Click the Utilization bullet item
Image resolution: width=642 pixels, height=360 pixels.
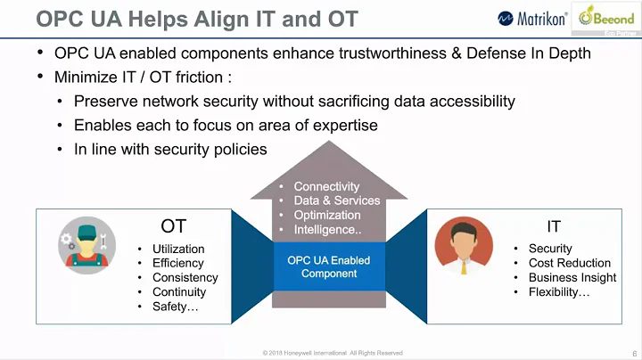pyautogui.click(x=178, y=249)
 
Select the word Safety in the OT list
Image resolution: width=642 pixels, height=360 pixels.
pyautogui.click(x=171, y=307)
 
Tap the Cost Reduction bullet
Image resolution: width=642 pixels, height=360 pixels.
pyautogui.click(x=569, y=263)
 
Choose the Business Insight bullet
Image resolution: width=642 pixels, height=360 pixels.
pyautogui.click(x=572, y=277)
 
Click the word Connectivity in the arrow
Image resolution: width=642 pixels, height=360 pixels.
pyautogui.click(x=326, y=186)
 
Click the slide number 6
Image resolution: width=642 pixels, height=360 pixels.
pyautogui.click(x=633, y=352)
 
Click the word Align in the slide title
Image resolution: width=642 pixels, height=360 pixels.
pyautogui.click(x=172, y=18)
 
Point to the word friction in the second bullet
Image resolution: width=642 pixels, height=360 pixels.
pyautogui.click(x=202, y=77)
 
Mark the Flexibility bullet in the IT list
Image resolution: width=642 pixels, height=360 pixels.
pyautogui.click(x=559, y=291)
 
